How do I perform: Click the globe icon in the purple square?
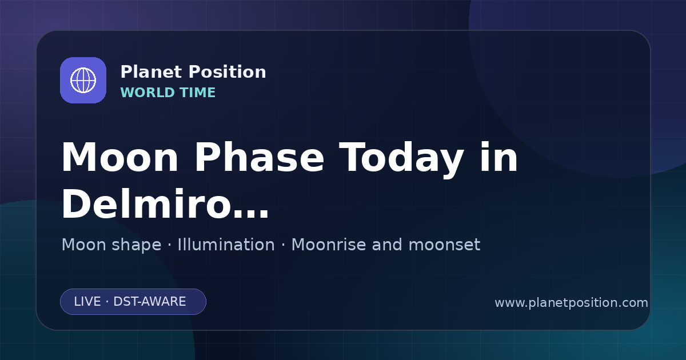click(x=83, y=80)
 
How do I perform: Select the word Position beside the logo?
click(x=228, y=71)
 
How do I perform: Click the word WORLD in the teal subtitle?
click(x=147, y=93)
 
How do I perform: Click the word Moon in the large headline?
click(x=119, y=157)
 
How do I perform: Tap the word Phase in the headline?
click(x=259, y=157)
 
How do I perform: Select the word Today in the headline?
click(x=401, y=159)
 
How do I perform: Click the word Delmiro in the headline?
click(x=146, y=203)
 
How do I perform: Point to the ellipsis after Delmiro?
click(x=251, y=214)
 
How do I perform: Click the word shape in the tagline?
click(x=137, y=245)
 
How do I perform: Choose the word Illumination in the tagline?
click(x=226, y=245)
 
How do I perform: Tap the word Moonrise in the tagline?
click(x=332, y=245)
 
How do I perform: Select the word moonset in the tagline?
click(x=444, y=245)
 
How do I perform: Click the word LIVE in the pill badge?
click(x=87, y=302)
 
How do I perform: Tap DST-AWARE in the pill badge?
click(x=150, y=302)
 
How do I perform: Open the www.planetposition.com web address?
click(x=572, y=303)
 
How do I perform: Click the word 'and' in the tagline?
click(x=387, y=245)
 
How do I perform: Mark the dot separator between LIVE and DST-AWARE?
click(x=107, y=302)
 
